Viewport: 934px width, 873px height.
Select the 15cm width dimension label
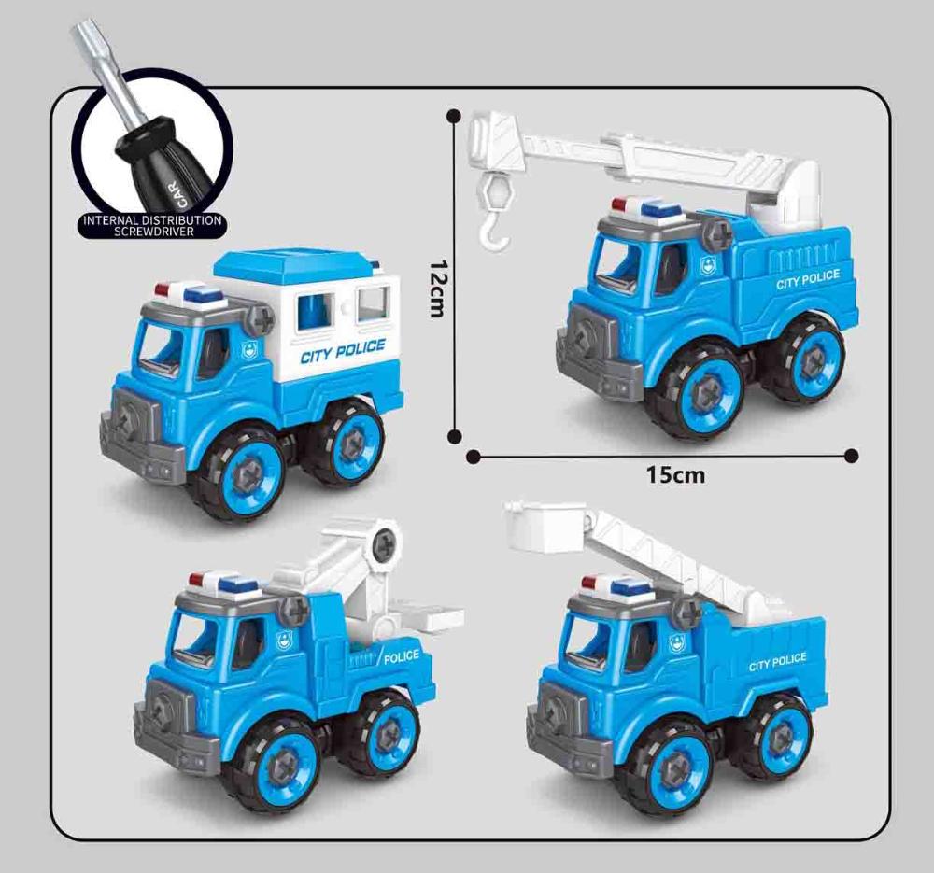(675, 475)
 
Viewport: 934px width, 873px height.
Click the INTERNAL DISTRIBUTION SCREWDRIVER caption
(152, 224)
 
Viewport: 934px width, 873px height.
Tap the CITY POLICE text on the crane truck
(808, 278)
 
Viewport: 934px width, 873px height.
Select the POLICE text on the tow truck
(402, 656)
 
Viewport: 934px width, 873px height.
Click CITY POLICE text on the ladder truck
(777, 661)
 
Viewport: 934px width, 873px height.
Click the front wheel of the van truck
(242, 472)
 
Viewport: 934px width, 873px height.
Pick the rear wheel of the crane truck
(808, 359)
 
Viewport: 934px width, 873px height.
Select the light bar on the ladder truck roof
(616, 587)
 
